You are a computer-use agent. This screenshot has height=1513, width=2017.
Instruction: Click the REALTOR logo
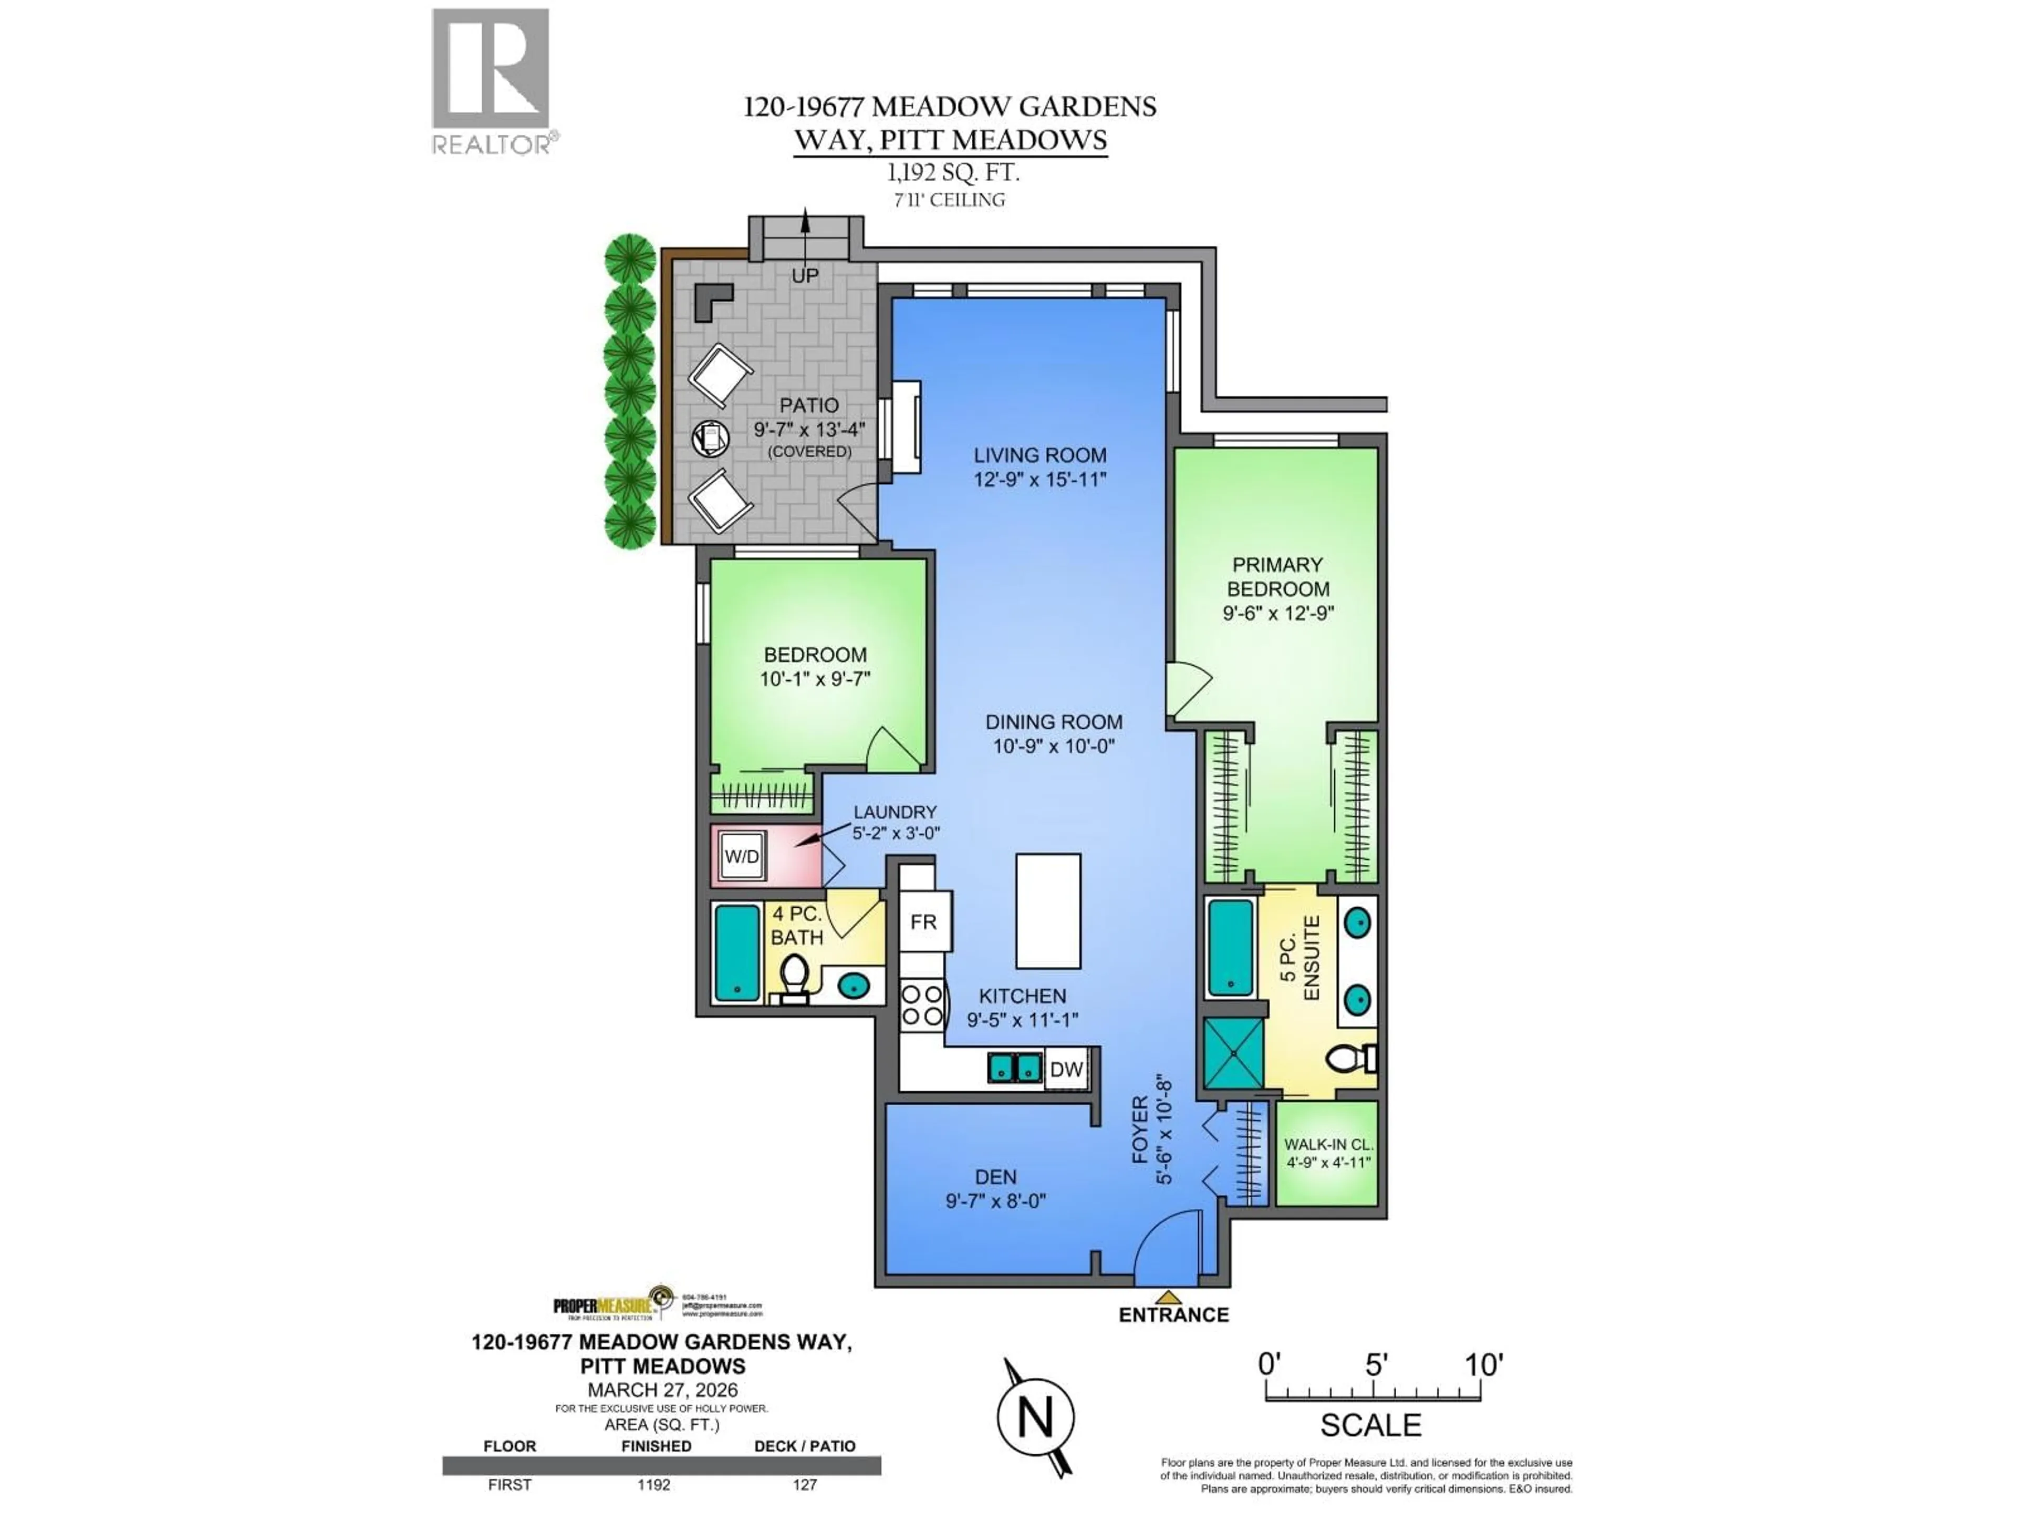491,80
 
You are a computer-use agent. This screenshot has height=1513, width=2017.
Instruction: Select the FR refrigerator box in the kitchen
924,922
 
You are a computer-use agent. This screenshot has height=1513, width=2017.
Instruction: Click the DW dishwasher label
1066,1070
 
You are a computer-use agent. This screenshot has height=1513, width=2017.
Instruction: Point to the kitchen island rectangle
1048,911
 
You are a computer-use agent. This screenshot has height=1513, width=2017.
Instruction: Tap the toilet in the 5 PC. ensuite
1349,1059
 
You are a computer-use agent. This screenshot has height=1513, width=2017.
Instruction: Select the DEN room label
995,1177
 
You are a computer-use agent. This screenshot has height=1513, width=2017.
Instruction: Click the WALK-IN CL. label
1328,1145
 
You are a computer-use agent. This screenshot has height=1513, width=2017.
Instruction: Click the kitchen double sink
1015,1067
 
